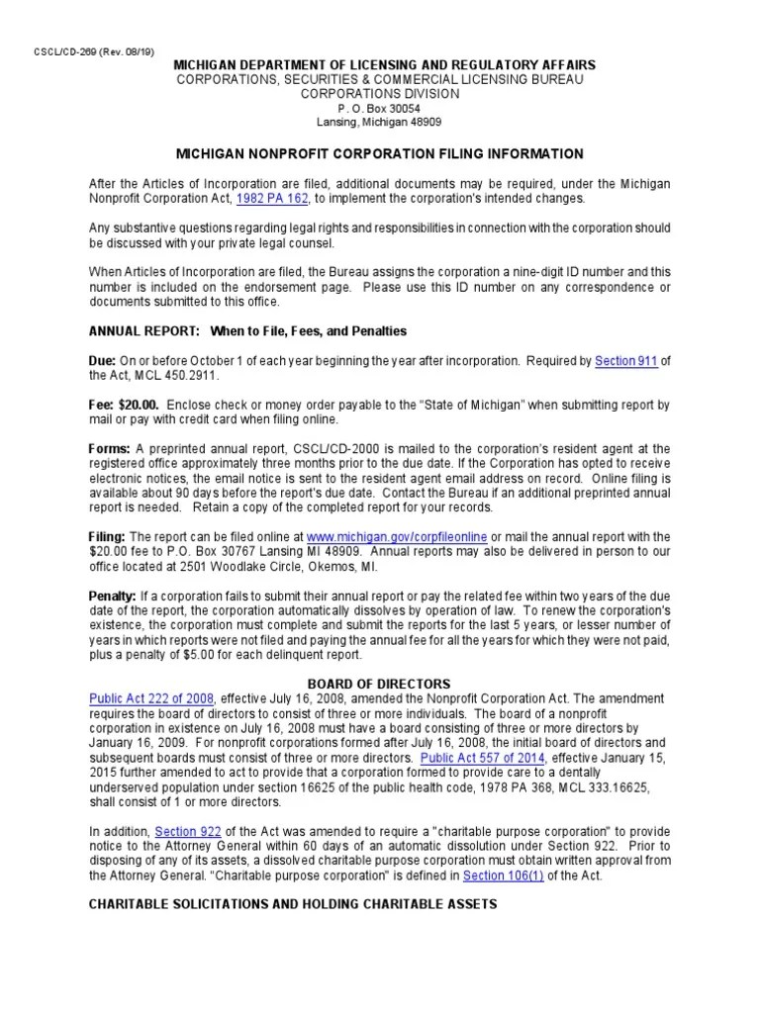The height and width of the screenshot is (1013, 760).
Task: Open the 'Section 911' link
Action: (625, 361)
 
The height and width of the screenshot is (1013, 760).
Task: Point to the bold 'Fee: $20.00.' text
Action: (125, 406)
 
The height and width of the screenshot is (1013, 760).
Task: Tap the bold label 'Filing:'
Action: (107, 536)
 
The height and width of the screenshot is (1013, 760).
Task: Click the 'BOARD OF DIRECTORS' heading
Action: (379, 684)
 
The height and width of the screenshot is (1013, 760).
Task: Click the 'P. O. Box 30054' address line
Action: (379, 107)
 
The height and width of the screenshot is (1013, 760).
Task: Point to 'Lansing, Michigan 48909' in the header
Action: (379, 122)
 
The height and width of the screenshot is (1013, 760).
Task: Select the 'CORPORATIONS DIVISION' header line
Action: (379, 93)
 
